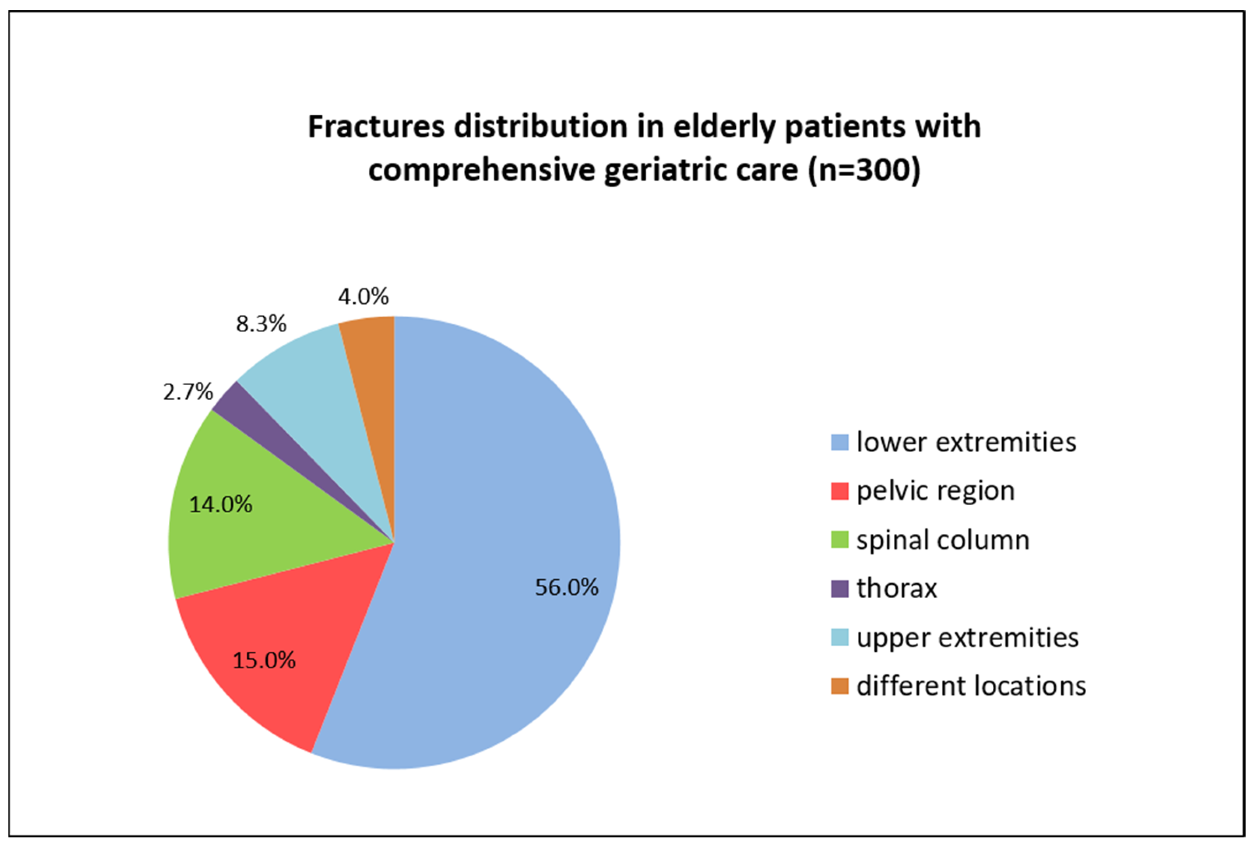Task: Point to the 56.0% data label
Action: coord(566,587)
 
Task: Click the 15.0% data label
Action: coord(264,660)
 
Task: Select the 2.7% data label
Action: coord(187,391)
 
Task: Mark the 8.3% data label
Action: coord(261,324)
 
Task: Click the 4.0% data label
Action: coord(363,296)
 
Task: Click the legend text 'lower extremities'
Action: coord(966,442)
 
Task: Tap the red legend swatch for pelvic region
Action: coord(840,491)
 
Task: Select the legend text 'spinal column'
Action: coord(943,540)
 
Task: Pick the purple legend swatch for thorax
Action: coord(840,589)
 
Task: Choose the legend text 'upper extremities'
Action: coord(967,637)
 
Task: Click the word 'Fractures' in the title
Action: coord(376,127)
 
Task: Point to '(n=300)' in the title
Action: coord(864,170)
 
